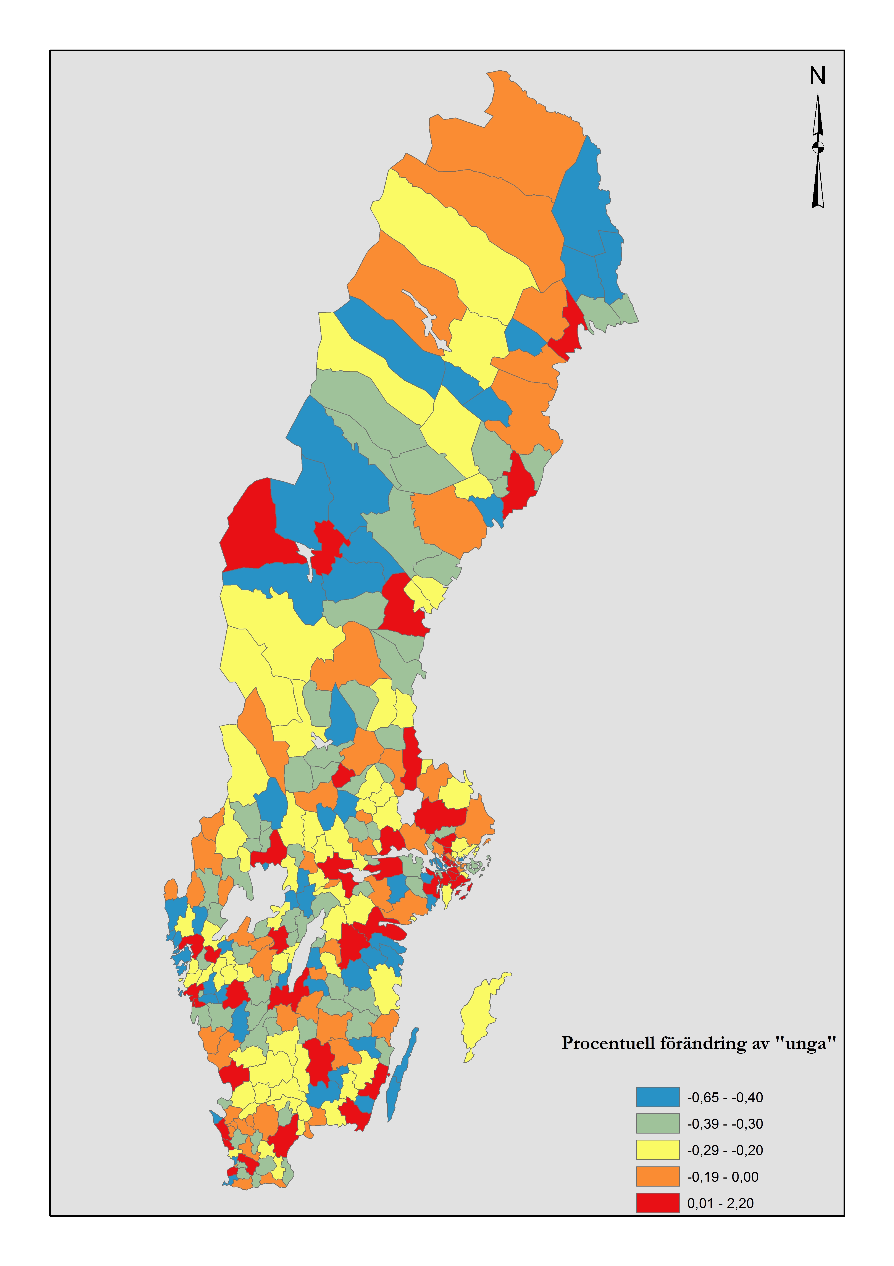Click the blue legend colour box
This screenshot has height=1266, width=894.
(657, 1097)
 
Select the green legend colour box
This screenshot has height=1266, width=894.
(657, 1124)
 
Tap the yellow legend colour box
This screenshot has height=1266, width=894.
(657, 1150)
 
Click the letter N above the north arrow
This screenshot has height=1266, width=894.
(817, 76)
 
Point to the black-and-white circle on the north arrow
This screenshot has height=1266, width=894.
(818, 147)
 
